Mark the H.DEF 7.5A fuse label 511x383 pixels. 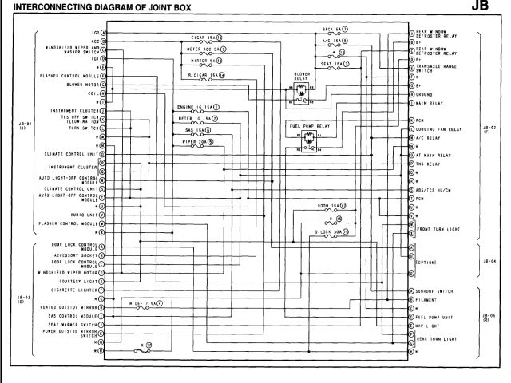pyautogui.click(x=142, y=302)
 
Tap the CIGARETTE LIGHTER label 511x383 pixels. pyautogui.click(x=77, y=291)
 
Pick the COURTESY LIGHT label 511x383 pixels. pyautogui.click(x=79, y=282)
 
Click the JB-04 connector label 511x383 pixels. pyautogui.click(x=489, y=260)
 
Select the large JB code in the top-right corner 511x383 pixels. pyautogui.click(x=495, y=8)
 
